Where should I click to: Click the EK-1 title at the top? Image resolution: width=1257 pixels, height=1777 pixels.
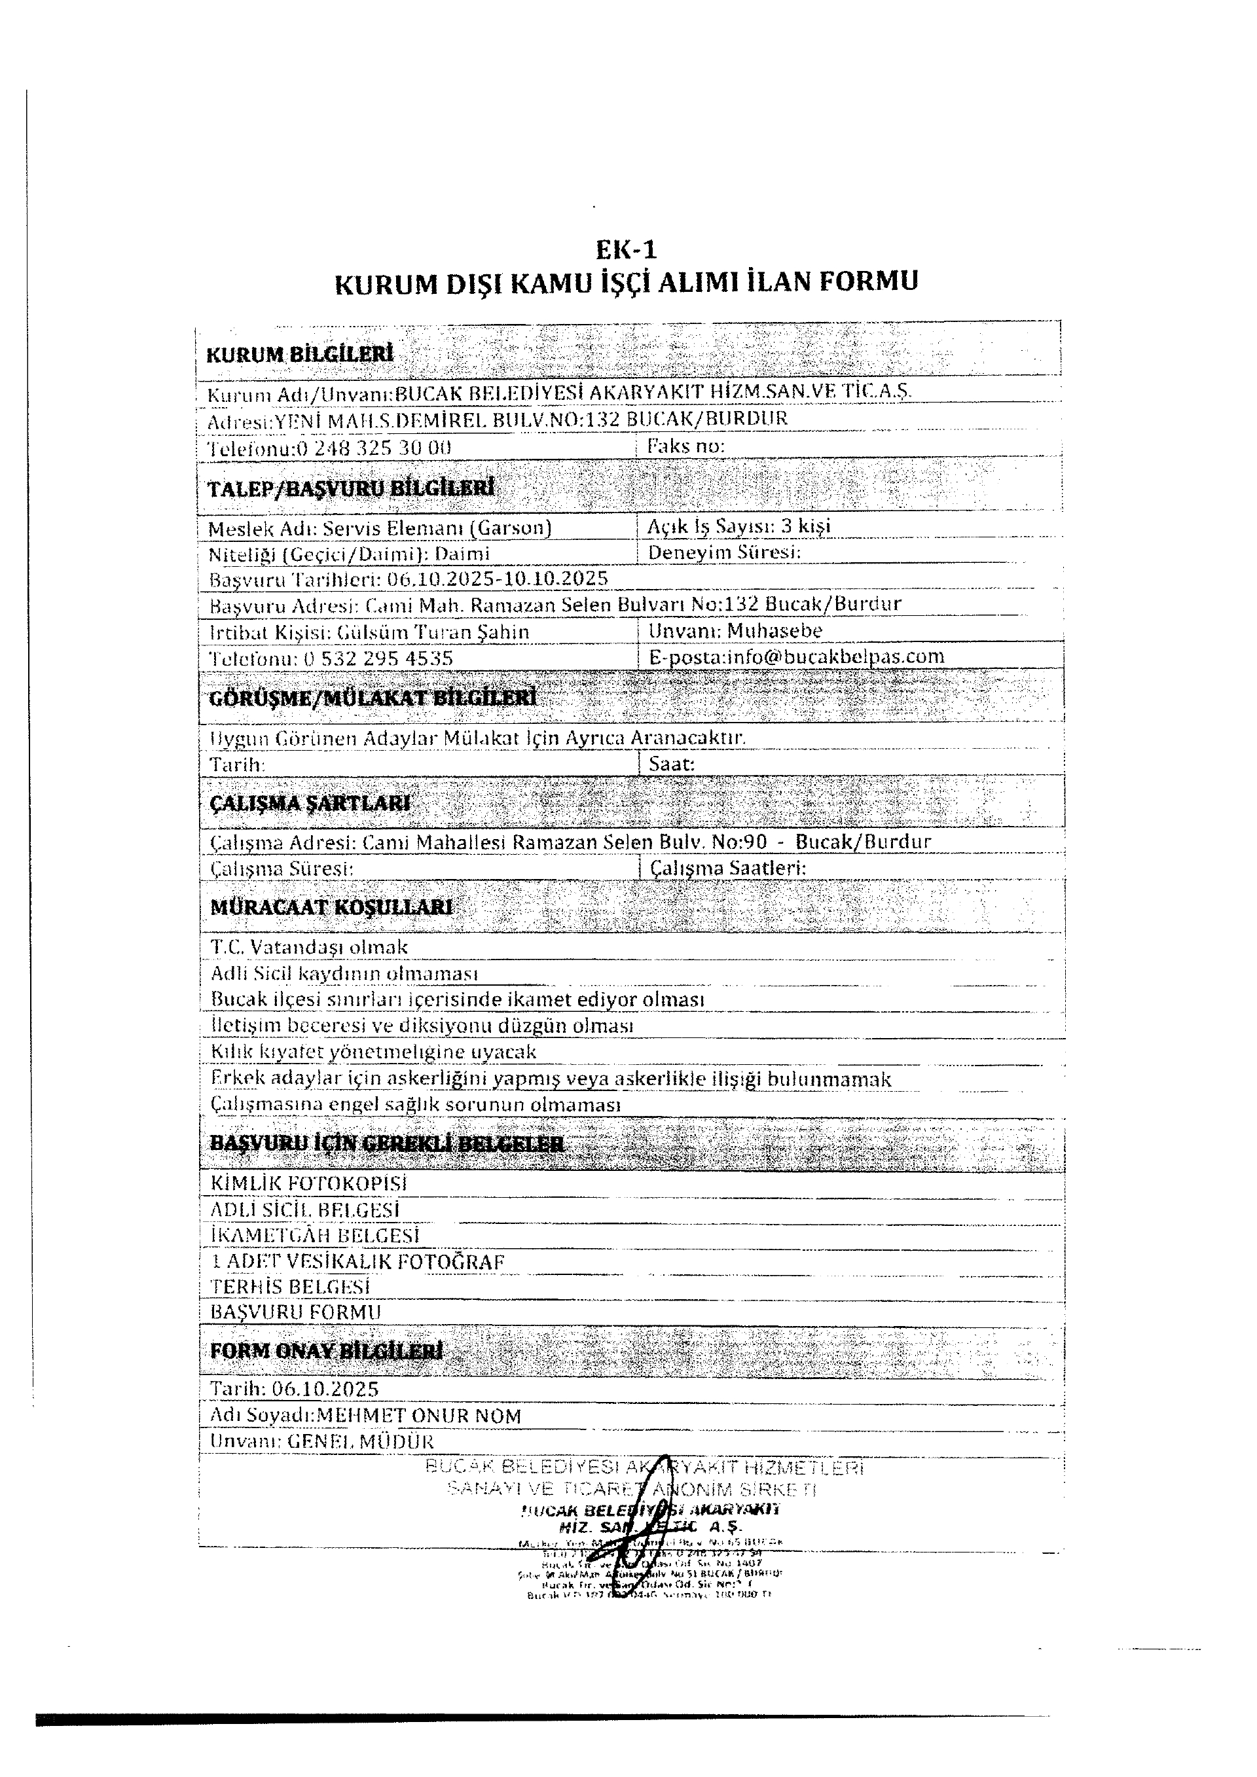pos(625,249)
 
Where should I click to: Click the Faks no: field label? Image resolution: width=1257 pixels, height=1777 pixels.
pos(685,446)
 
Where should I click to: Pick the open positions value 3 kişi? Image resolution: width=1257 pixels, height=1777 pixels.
pos(805,526)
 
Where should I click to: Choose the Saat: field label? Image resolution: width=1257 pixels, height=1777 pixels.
pos(671,764)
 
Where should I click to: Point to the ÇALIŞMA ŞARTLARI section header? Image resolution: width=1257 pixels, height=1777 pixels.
pos(310,803)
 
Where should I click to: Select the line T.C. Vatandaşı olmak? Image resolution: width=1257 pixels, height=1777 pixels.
pos(309,947)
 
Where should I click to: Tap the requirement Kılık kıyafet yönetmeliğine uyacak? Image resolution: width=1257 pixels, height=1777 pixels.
pos(373,1052)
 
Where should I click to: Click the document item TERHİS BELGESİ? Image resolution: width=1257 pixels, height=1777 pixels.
pos(290,1286)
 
